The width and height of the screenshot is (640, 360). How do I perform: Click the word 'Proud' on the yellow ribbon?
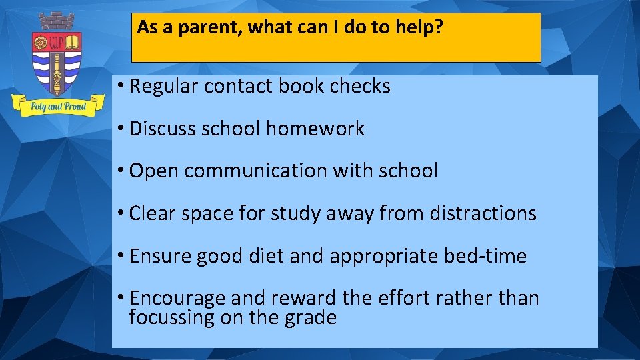click(x=75, y=106)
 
